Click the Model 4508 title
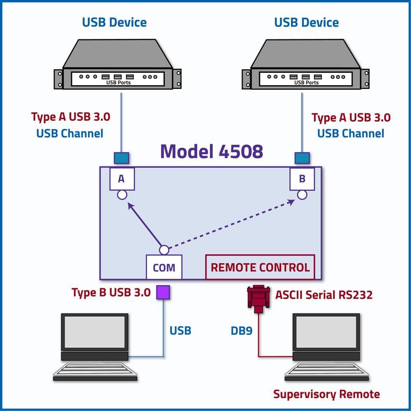point(212,152)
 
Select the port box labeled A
point(122,179)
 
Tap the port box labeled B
point(302,179)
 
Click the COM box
point(164,267)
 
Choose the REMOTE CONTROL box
point(260,267)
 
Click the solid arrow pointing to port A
point(144,224)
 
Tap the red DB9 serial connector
point(259,299)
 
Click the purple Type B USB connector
point(163,292)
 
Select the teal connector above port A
point(121,158)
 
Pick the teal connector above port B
point(302,158)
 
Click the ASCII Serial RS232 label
point(324,295)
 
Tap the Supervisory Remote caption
point(326,394)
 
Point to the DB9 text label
point(241,331)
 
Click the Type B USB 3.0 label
point(111,293)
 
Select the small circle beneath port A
point(122,195)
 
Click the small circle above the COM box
point(164,250)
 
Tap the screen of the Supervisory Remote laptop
point(326,332)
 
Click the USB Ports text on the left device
point(118,83)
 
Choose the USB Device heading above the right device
point(307,23)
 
